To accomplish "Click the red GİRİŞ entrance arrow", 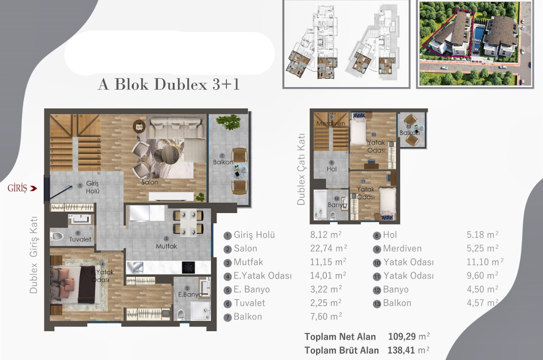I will (33, 188).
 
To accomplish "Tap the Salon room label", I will (149, 182).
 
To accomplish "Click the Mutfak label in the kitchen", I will (166, 246).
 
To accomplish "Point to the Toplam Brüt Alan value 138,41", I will (403, 350).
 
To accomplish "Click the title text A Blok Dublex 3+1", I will (169, 85).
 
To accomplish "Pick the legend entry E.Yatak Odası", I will (263, 276).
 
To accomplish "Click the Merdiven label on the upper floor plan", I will (331, 123).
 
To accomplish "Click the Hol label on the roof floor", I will (331, 169).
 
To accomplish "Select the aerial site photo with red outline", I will (475, 43).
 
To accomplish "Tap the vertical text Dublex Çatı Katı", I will (301, 168).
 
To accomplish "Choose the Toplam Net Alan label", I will (340, 336).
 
